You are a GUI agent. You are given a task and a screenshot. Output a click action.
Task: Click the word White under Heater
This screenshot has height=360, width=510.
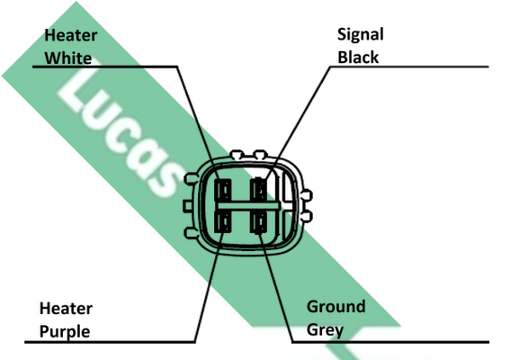click(68, 58)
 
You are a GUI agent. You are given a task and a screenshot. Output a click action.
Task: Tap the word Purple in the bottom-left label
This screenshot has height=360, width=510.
click(65, 332)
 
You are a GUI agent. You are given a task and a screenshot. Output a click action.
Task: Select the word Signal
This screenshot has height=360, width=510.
click(361, 35)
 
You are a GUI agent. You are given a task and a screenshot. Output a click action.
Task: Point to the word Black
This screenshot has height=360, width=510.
click(358, 58)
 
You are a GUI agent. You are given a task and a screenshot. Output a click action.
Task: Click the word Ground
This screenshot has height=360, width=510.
click(336, 307)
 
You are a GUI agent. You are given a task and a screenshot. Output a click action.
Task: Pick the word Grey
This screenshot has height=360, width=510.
click(325, 330)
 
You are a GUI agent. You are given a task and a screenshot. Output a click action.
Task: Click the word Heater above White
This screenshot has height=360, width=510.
click(70, 35)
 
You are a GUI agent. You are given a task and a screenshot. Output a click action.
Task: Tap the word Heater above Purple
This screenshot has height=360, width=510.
click(66, 308)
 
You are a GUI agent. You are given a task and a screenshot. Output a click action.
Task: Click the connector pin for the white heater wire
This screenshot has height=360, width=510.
click(223, 190)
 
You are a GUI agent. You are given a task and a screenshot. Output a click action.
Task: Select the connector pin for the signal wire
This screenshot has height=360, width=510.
click(259, 190)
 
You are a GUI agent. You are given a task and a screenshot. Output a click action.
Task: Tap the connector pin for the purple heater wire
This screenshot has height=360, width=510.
click(223, 222)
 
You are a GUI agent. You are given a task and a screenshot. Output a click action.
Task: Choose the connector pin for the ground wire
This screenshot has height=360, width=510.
click(259, 222)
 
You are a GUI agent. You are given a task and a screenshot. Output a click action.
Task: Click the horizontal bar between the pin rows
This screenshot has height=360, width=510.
click(248, 206)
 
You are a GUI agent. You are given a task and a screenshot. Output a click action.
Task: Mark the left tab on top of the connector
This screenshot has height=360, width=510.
click(237, 154)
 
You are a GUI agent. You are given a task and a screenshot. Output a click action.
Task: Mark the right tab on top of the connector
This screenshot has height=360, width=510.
click(260, 154)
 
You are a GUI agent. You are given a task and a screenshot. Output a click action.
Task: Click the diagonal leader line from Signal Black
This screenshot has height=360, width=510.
click(297, 123)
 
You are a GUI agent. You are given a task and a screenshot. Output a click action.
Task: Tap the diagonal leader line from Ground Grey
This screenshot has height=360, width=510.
click(276, 286)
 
